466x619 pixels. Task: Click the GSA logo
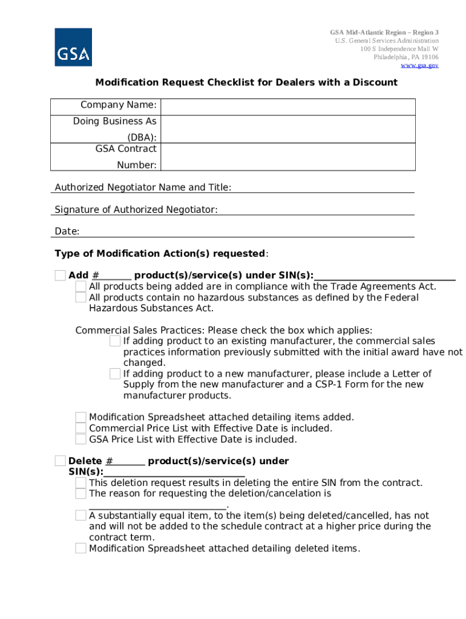click(x=73, y=47)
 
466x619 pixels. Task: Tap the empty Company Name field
click(x=288, y=106)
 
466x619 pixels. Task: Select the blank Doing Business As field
click(x=288, y=129)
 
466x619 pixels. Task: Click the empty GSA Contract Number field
click(x=288, y=157)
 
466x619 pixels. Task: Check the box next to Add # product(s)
click(x=60, y=276)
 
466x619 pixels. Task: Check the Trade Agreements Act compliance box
click(x=80, y=287)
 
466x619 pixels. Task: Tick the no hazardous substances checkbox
click(x=80, y=297)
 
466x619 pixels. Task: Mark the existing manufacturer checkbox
click(x=115, y=342)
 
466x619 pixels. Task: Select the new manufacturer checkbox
click(x=115, y=374)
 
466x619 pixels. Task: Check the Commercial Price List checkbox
click(x=80, y=429)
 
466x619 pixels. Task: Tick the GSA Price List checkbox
click(x=80, y=439)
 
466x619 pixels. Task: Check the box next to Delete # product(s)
click(x=60, y=461)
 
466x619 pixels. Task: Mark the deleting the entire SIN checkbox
click(x=80, y=483)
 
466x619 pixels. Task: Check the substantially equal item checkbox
click(x=80, y=516)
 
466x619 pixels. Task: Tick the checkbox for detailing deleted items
click(x=80, y=548)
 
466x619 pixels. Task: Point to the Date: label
click(x=67, y=232)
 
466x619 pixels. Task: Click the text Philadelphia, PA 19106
click(x=405, y=57)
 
